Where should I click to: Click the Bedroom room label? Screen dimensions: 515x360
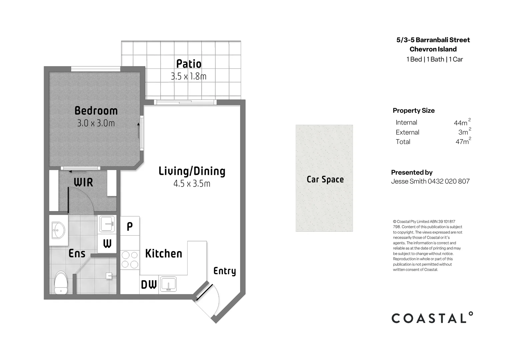pyautogui.click(x=96, y=111)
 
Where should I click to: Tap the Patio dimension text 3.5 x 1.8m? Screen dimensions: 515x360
pyautogui.click(x=189, y=76)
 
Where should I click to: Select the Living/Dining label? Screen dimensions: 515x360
pyautogui.click(x=192, y=171)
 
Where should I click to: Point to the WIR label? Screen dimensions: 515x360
pyautogui.click(x=83, y=183)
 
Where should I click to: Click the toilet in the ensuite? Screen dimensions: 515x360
pyautogui.click(x=61, y=283)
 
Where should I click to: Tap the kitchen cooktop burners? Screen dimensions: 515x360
pyautogui.click(x=130, y=260)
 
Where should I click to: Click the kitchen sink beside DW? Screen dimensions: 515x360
pyautogui.click(x=168, y=284)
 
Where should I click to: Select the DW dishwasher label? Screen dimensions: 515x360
pyautogui.click(x=149, y=285)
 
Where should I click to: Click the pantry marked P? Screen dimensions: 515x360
pyautogui.click(x=130, y=226)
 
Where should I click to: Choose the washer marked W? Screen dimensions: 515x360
pyautogui.click(x=107, y=244)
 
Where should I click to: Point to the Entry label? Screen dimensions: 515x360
pyautogui.click(x=225, y=271)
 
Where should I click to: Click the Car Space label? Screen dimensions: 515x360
pyautogui.click(x=325, y=179)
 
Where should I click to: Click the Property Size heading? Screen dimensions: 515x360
pyautogui.click(x=414, y=111)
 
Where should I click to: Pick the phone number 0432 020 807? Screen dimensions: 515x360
pyautogui.click(x=449, y=181)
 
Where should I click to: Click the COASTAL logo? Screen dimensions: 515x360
pyautogui.click(x=432, y=318)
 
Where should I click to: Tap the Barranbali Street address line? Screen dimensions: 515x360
pyautogui.click(x=433, y=40)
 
